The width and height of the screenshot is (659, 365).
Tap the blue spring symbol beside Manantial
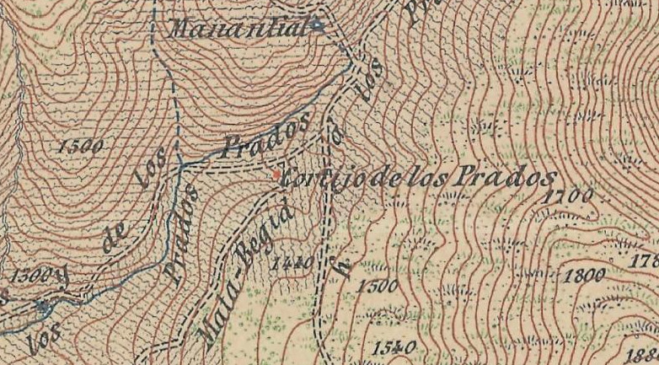tap(317, 25)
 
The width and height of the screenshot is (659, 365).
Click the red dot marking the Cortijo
tap(276, 174)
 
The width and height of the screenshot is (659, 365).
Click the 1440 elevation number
tap(292, 263)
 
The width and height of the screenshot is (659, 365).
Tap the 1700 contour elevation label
tap(569, 196)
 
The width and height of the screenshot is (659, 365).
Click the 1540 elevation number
tap(393, 346)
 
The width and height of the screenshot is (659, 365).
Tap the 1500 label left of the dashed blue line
tap(82, 145)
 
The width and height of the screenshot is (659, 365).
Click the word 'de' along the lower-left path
tap(108, 241)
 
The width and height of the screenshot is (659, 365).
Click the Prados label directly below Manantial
tap(264, 138)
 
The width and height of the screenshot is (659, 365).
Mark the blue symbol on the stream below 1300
tap(42, 306)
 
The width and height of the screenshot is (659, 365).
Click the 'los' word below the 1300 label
tap(40, 337)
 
